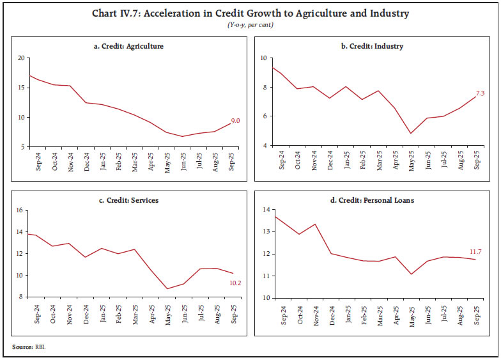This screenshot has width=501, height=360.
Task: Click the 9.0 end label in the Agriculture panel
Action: (x=235, y=120)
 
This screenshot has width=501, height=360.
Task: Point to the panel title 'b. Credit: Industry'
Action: (x=371, y=47)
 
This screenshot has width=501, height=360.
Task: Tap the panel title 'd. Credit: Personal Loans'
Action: (x=371, y=200)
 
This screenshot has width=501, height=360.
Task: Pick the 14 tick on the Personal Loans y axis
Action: (x=265, y=210)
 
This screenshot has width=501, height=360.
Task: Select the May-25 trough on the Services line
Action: (x=167, y=288)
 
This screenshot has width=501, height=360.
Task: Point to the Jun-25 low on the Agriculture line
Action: (x=183, y=136)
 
